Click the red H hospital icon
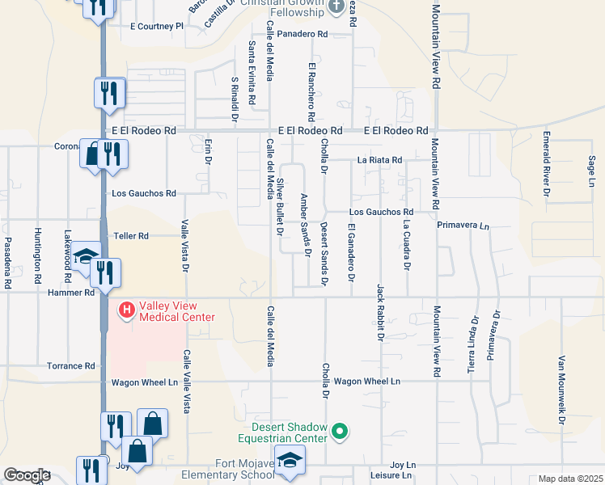[127, 309]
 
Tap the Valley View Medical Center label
[177, 311]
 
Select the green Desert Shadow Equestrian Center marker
[340, 432]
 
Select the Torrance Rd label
[70, 366]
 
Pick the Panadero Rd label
[302, 35]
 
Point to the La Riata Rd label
[379, 161]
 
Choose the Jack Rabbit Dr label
[379, 312]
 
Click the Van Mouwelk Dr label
[561, 390]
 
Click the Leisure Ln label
[396, 475]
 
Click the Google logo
[27, 475]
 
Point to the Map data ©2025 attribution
[570, 479]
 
